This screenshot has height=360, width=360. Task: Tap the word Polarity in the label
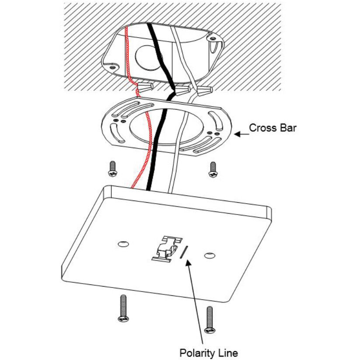(x=199, y=353)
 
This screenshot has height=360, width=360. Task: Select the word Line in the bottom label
(x=229, y=353)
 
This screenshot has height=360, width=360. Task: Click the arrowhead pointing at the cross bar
(x=237, y=134)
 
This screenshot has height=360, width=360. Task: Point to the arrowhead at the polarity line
(x=188, y=263)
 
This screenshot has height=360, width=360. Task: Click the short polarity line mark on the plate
(x=183, y=252)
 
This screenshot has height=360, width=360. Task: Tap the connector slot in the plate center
(x=167, y=249)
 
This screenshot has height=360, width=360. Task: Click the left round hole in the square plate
(x=123, y=244)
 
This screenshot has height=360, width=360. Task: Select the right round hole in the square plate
(x=210, y=255)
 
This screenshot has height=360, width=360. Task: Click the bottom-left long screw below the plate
(x=124, y=308)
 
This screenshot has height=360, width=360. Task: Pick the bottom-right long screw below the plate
(x=210, y=320)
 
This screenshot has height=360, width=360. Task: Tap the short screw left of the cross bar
(x=113, y=169)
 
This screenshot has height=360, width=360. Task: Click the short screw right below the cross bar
(x=213, y=170)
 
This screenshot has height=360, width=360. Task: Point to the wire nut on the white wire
(x=205, y=91)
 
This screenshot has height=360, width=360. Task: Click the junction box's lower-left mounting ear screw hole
(x=112, y=68)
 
